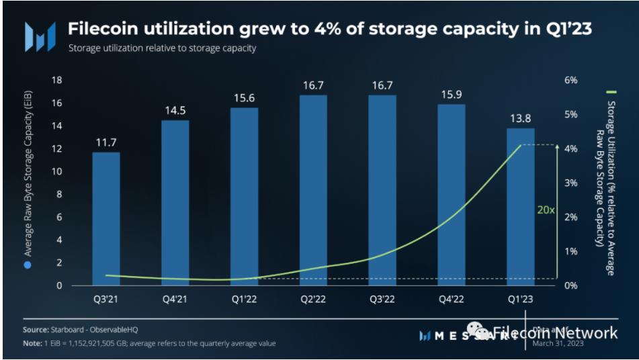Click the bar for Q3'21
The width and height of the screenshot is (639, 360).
point(106,218)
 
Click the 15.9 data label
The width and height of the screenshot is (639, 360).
point(452,93)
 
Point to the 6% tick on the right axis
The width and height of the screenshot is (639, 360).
point(570,81)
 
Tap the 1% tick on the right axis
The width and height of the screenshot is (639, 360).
point(570,251)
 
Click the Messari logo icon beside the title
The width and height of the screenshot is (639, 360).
point(40,36)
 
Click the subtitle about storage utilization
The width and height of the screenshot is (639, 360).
point(162,49)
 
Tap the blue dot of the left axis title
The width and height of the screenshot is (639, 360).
point(28,264)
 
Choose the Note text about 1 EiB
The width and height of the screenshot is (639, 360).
point(148,343)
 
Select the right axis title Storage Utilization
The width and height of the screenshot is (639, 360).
point(610,135)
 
